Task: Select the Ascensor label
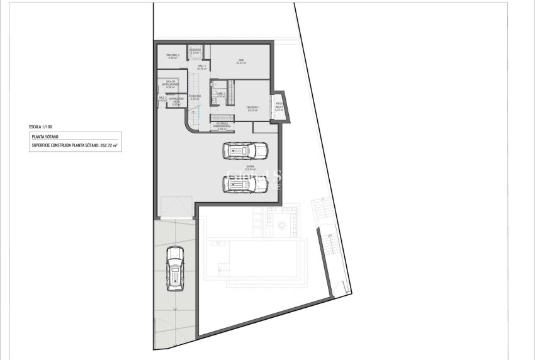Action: click(x=195, y=50)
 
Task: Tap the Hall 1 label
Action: click(x=202, y=67)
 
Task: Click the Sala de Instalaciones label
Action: click(x=171, y=84)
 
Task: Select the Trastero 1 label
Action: click(x=253, y=109)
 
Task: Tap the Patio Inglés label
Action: click(x=279, y=106)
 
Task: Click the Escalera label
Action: click(x=194, y=97)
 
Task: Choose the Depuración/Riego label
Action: click(x=176, y=102)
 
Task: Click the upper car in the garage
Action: click(x=245, y=151)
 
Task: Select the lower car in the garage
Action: click(x=245, y=184)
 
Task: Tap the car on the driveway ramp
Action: click(x=174, y=268)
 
